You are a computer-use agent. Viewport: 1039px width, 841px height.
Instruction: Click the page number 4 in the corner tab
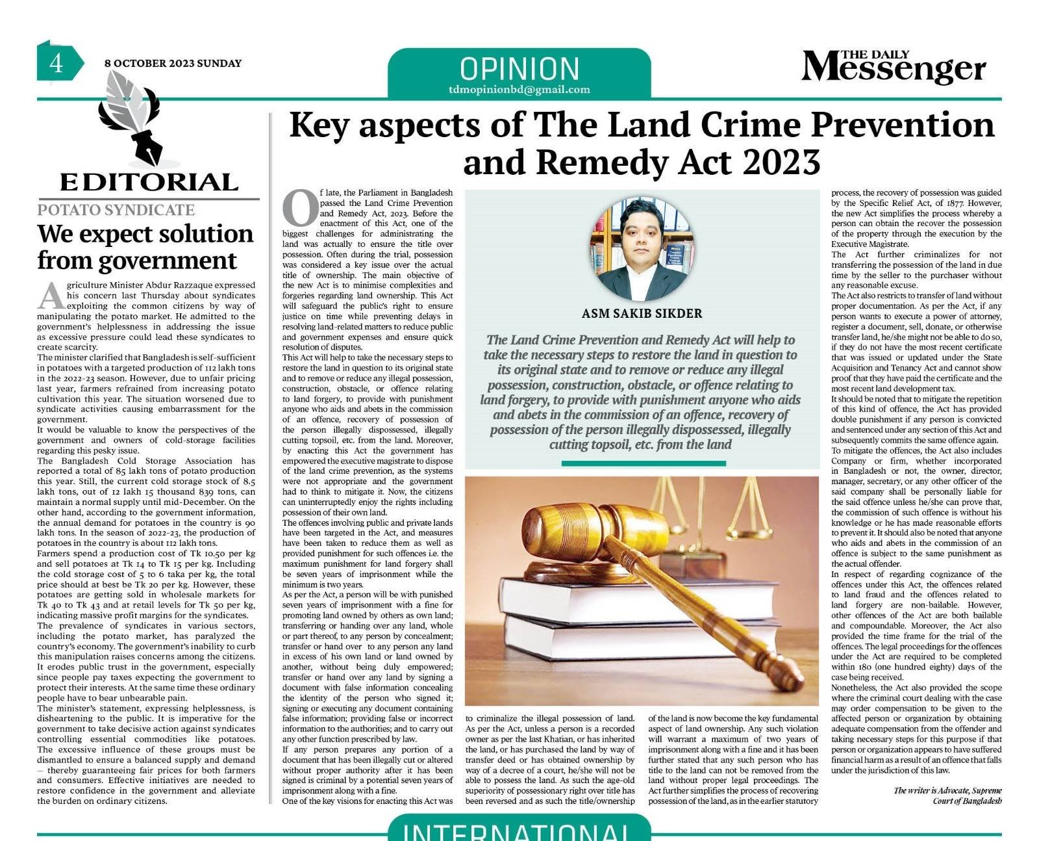tap(56, 64)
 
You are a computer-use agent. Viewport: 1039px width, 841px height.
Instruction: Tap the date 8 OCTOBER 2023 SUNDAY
tap(173, 64)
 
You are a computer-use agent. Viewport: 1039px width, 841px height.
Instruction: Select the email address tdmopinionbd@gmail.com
tap(519, 90)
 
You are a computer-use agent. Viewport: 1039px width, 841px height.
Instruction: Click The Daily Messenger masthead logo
tap(893, 67)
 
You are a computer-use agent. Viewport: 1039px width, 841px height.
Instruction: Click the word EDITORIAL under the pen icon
tap(149, 182)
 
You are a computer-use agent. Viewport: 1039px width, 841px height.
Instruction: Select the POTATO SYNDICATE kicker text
tap(116, 210)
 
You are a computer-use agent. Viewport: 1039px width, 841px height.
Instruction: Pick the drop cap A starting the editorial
tap(49, 296)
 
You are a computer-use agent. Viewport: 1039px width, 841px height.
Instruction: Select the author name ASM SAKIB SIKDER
tap(642, 313)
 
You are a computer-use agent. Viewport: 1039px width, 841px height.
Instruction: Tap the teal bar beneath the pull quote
tap(643, 463)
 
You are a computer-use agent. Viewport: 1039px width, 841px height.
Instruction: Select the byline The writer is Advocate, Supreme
tap(947, 790)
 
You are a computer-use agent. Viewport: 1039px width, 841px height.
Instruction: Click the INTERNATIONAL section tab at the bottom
tap(519, 831)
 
